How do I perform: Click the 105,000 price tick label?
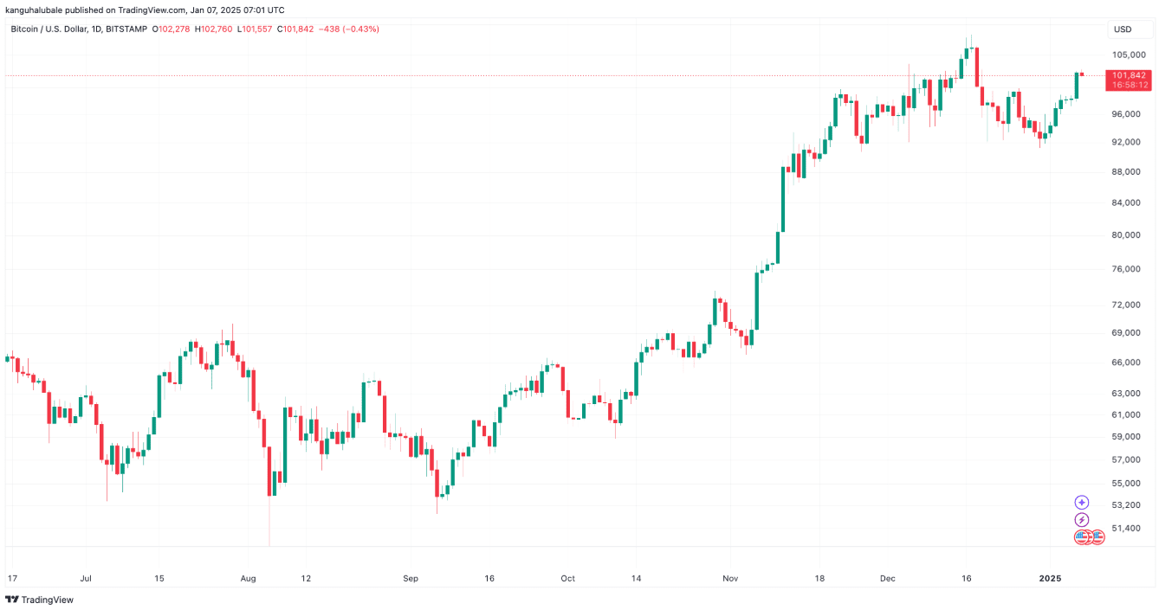click(1128, 55)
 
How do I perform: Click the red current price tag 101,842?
click(1129, 75)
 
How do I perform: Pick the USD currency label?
click(1123, 29)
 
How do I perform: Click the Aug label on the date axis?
click(249, 577)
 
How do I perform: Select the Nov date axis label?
click(729, 577)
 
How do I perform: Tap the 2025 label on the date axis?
click(1050, 577)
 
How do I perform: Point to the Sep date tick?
click(411, 577)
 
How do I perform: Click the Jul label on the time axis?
click(86, 577)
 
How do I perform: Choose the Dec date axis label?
click(887, 577)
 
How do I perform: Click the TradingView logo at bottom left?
click(39, 600)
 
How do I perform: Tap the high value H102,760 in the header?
click(215, 29)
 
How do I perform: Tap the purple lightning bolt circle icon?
click(1081, 519)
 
